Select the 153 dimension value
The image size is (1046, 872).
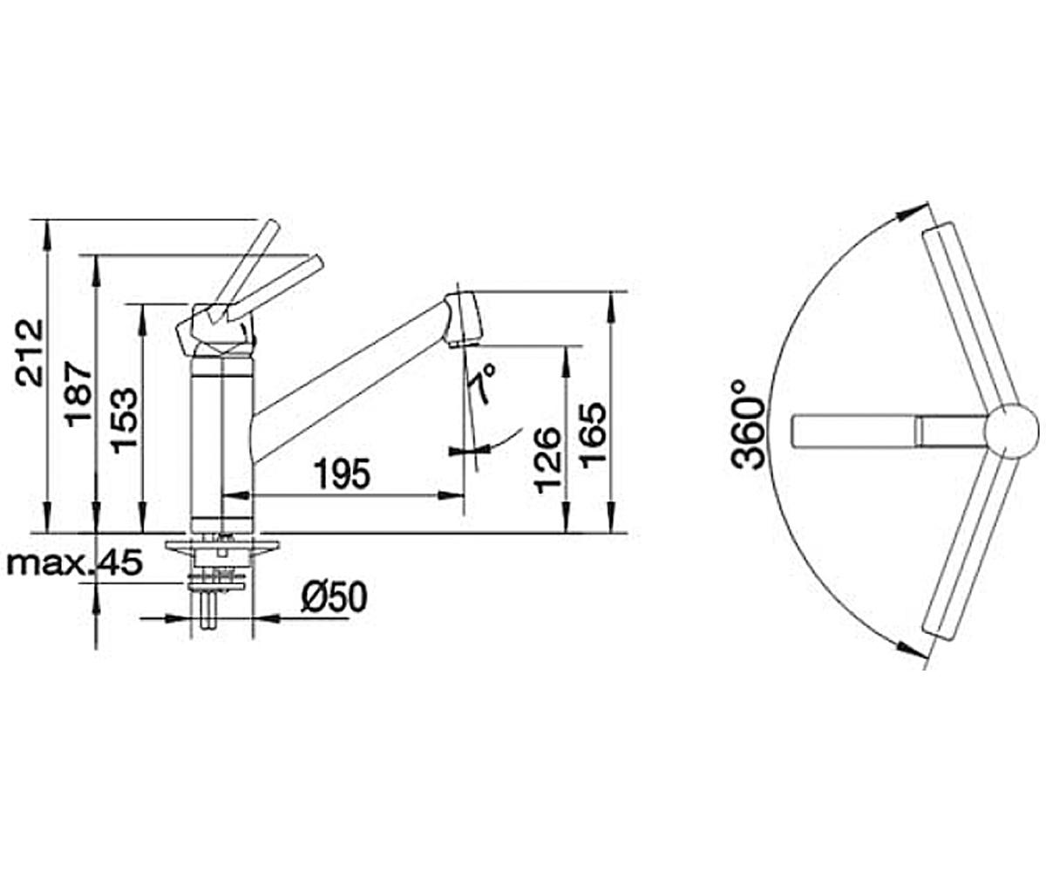[x=123, y=421]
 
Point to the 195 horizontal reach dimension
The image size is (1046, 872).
[x=343, y=474]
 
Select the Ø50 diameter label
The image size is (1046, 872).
[x=335, y=596]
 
